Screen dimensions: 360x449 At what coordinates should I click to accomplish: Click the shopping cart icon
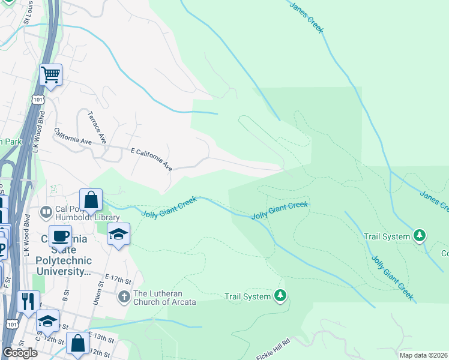(51, 76)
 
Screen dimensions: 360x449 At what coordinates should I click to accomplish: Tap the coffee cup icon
(60, 236)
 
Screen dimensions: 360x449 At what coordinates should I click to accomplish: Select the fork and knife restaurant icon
(28, 302)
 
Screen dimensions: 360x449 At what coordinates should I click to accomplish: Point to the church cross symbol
(124, 296)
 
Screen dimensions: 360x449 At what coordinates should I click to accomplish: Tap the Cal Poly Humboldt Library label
(87, 212)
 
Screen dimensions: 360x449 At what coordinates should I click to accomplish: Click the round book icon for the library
(46, 212)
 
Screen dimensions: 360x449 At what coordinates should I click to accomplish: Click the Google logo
(20, 353)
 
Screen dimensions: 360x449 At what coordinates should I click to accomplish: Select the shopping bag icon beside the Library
(91, 200)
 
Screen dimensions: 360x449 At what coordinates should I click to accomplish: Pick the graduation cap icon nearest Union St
(118, 235)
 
